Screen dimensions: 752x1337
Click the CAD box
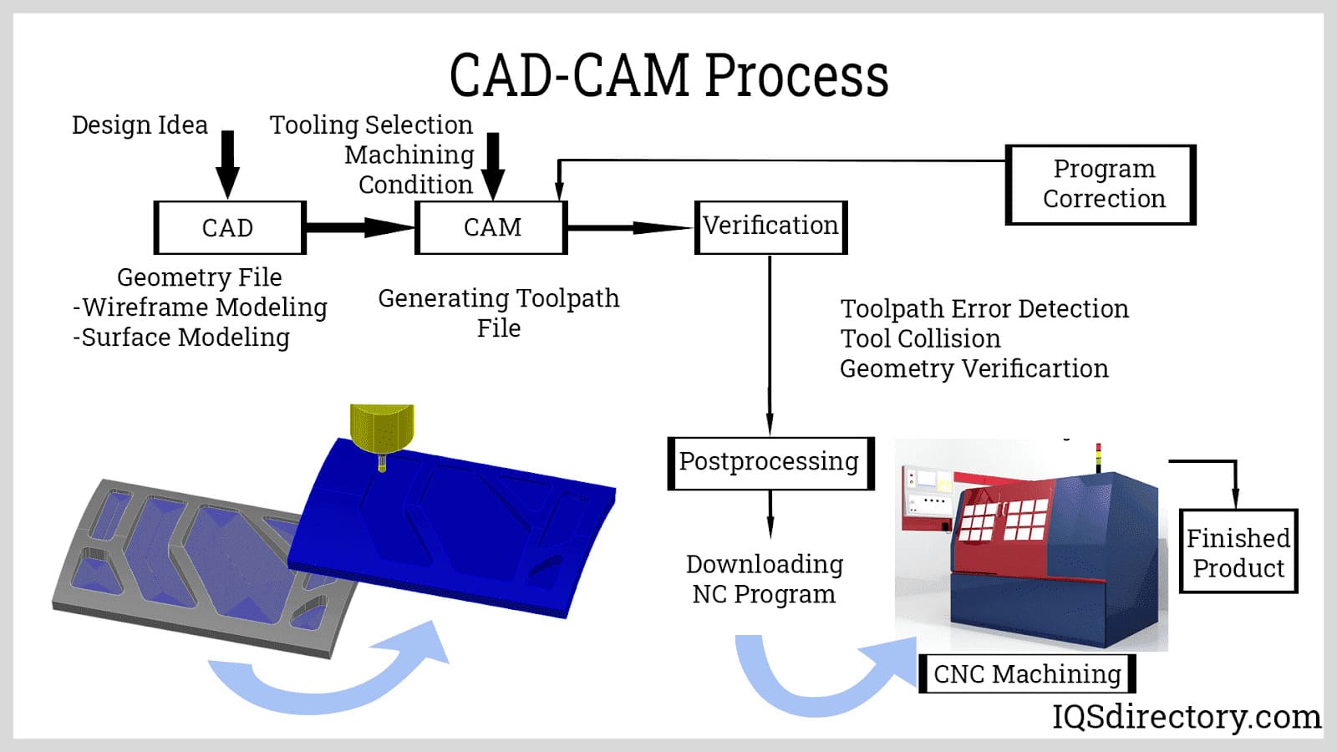click(230, 227)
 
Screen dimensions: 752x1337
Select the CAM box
click(491, 227)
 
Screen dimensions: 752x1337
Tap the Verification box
click(770, 226)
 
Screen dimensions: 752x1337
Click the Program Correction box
click(1101, 184)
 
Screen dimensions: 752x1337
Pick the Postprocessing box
click(770, 462)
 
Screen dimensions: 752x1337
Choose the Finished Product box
click(1238, 552)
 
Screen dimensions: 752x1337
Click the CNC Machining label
click(1027, 673)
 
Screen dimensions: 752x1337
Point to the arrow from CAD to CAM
click(359, 227)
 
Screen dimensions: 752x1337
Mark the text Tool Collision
click(920, 338)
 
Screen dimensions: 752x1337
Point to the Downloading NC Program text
click(764, 578)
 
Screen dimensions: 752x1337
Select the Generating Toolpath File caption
click(499, 312)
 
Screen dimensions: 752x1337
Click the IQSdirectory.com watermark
click(1186, 717)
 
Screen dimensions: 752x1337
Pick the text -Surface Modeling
click(181, 338)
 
